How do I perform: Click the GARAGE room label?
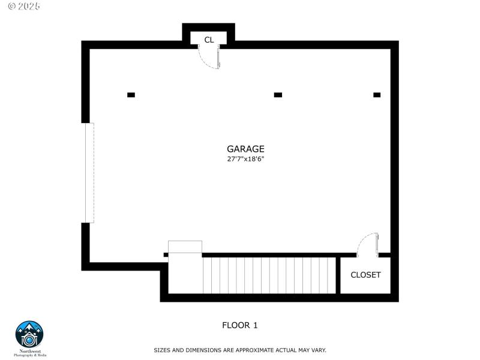click(x=245, y=149)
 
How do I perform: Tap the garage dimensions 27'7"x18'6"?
click(x=245, y=160)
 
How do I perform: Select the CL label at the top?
click(x=209, y=40)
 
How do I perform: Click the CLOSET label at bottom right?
click(x=365, y=275)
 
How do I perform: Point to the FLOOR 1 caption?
click(x=240, y=326)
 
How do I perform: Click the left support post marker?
click(x=131, y=95)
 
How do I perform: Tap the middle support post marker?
click(x=278, y=95)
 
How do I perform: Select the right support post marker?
click(x=377, y=95)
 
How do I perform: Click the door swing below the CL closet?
click(x=209, y=58)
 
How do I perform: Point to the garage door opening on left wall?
click(x=89, y=173)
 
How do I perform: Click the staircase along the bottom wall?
click(x=269, y=275)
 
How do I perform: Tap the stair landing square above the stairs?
click(x=185, y=247)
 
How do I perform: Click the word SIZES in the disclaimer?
click(x=163, y=350)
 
